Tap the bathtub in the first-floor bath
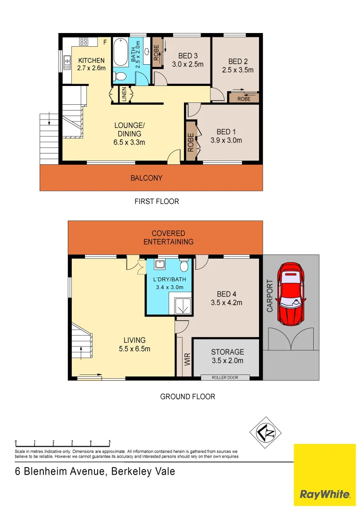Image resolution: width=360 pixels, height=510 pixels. click(x=121, y=52)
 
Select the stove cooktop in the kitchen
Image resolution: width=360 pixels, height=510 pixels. click(x=84, y=42)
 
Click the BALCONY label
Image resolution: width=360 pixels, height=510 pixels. click(x=146, y=178)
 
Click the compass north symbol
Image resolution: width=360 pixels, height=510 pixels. click(x=265, y=433)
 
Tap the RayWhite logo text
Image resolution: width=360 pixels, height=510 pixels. click(x=325, y=495)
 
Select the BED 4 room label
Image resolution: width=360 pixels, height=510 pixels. click(x=226, y=294)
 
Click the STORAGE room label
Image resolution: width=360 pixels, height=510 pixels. click(x=227, y=352)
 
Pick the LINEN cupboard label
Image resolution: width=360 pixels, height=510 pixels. click(x=124, y=94)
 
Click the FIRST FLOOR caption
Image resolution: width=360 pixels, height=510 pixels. click(x=157, y=202)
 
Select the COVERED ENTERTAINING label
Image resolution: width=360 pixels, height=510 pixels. click(x=168, y=238)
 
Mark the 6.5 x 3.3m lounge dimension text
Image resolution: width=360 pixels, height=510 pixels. click(x=129, y=142)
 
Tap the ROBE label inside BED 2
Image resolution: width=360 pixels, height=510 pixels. click(x=244, y=99)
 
